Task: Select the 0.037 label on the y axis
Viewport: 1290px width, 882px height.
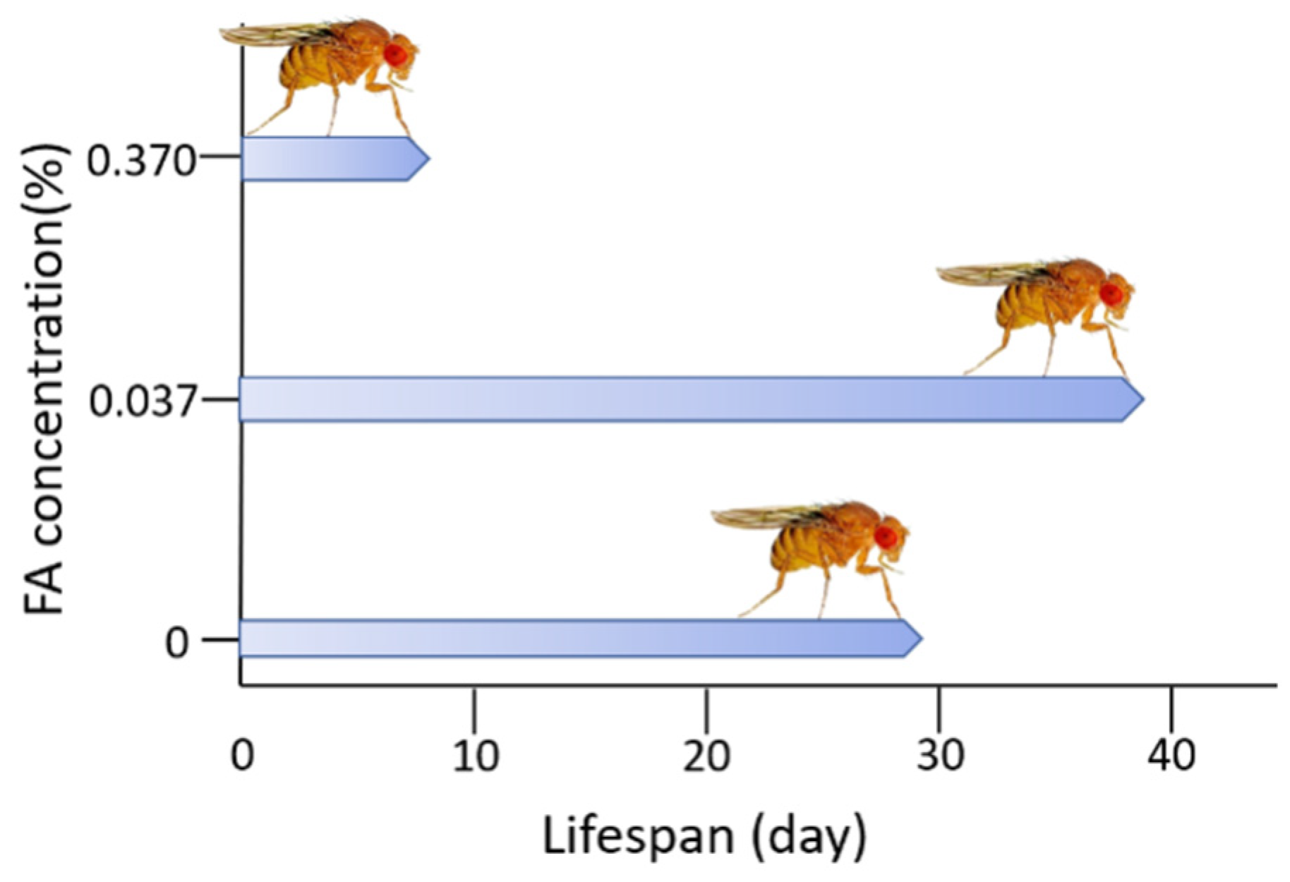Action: pyautogui.click(x=141, y=404)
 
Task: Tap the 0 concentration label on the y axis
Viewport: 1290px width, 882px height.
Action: pyautogui.click(x=177, y=644)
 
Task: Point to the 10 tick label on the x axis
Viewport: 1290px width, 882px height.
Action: pyautogui.click(x=475, y=755)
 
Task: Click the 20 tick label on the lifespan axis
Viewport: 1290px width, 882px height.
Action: pyautogui.click(x=706, y=755)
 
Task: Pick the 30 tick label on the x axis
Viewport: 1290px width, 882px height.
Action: pyautogui.click(x=941, y=755)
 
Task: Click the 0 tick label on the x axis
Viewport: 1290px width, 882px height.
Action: pyautogui.click(x=243, y=755)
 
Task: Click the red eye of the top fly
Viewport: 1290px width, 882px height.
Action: pyautogui.click(x=396, y=54)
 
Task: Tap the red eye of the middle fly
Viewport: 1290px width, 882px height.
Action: pyautogui.click(x=1113, y=294)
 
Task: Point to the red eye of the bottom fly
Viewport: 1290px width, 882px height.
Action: pyautogui.click(x=886, y=537)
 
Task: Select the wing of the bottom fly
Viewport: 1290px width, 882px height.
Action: pyautogui.click(x=762, y=517)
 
